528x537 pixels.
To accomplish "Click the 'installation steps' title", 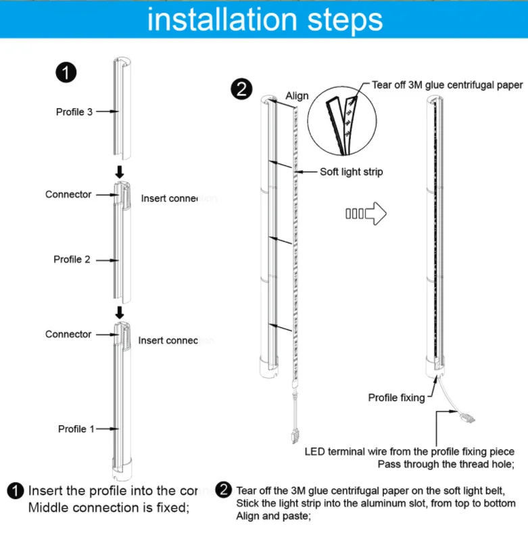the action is point(264,20).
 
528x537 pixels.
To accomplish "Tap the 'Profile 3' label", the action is point(74,112).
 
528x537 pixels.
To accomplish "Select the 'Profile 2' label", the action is point(72,259).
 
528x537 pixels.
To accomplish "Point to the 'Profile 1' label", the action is point(72,429).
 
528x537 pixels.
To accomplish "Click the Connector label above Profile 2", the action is point(68,195).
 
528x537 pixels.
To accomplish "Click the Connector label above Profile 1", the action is point(68,334).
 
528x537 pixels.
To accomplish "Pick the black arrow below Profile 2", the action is point(120,312).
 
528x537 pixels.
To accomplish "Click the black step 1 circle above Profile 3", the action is point(66,72).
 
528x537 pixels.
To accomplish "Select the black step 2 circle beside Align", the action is point(241,89).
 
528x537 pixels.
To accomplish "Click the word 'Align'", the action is point(297,96).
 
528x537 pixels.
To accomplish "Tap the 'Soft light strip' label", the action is point(352,172).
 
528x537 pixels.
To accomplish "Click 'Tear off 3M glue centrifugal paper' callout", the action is point(448,85).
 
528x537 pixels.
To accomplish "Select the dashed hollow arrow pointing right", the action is point(366,214).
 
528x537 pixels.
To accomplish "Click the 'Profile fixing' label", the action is point(396,397).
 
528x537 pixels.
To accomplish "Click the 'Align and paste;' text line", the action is point(273,516).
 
